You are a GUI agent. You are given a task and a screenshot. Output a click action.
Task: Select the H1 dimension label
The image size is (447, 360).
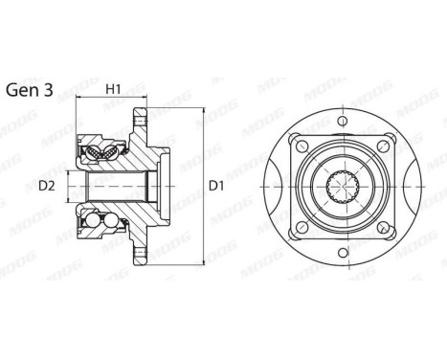pyautogui.click(x=113, y=89)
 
